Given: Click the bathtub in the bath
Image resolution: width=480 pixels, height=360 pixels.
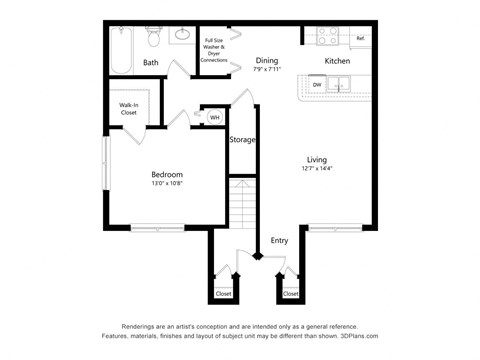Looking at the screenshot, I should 122,49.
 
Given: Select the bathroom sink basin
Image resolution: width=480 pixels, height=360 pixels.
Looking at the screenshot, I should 183,35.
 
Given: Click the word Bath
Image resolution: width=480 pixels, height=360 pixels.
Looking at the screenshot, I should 150,63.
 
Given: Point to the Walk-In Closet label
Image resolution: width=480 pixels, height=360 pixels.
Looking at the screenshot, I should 128,108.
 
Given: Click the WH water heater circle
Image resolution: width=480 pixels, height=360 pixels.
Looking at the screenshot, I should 214,117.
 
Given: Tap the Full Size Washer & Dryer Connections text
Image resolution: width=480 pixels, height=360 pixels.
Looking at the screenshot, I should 214,51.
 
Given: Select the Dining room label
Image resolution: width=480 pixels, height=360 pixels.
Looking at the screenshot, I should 266,60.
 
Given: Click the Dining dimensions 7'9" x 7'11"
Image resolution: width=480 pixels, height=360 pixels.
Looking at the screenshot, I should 266,70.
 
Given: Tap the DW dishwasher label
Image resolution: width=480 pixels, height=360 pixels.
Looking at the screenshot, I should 316,85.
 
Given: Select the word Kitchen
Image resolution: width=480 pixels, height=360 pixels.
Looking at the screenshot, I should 337,61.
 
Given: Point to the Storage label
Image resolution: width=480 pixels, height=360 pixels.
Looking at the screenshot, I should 242,139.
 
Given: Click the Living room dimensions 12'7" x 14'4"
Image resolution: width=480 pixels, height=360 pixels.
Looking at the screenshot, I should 316,170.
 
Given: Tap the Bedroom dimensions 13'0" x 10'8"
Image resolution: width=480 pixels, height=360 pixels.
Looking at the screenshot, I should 166,183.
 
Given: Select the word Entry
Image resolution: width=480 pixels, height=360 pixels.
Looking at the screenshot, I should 279,240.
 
